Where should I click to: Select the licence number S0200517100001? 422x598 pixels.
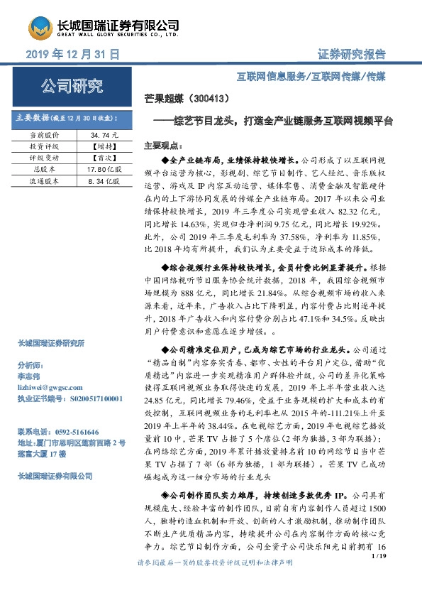[x=89, y=399]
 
